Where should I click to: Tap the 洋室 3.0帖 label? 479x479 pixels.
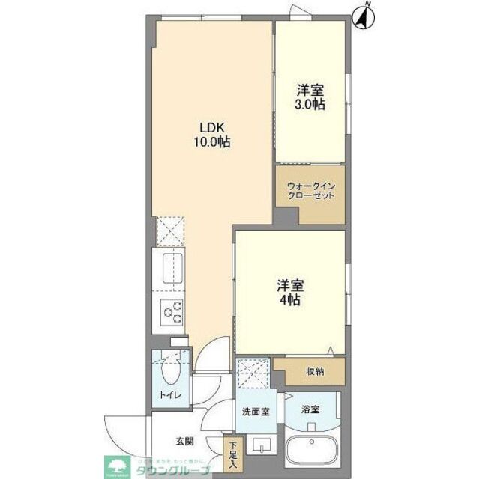point(309,96)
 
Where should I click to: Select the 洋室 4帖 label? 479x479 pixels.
point(290,291)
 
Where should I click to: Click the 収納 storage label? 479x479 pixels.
point(314,371)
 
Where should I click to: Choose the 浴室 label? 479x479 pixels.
point(310,409)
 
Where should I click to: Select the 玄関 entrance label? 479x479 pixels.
point(185,442)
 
